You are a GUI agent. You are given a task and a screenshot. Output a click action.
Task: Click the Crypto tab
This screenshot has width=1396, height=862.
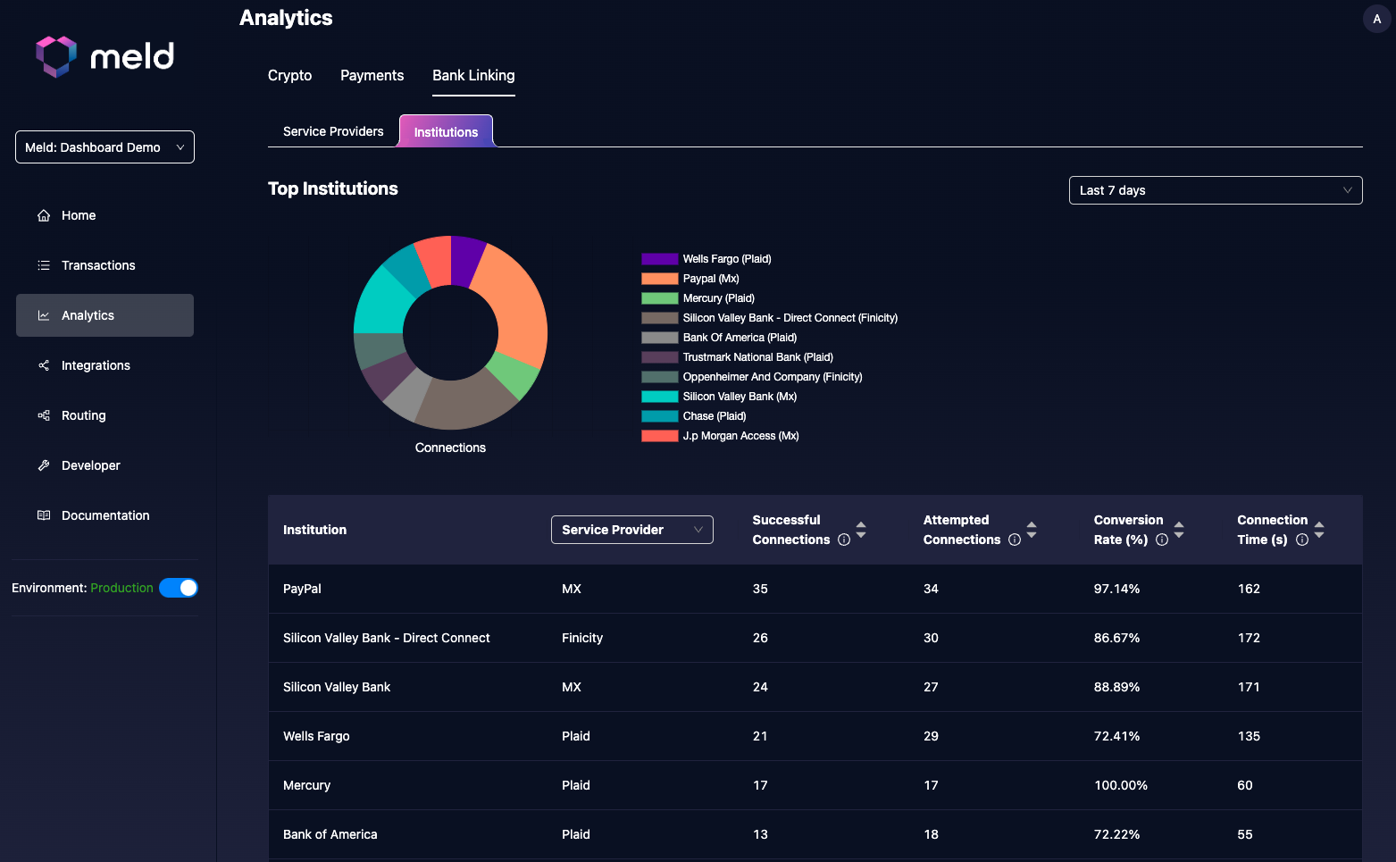[x=289, y=76]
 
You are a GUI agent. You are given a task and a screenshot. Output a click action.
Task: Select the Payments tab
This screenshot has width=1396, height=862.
[x=372, y=76]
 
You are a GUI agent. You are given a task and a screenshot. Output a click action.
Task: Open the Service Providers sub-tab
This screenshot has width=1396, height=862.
[x=333, y=131]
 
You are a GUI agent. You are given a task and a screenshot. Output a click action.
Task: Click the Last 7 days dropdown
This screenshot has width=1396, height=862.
[x=1215, y=190]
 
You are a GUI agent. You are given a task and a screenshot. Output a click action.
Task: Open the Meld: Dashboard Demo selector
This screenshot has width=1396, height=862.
[x=104, y=147]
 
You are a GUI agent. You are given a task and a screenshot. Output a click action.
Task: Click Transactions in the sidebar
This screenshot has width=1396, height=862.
[x=98, y=265]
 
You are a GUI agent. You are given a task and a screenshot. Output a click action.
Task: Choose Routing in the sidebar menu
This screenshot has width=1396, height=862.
[x=83, y=415]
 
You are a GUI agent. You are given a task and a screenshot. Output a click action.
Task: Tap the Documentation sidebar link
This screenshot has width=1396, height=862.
[x=105, y=515]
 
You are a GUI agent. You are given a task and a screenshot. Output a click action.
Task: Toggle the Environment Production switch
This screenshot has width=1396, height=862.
[x=179, y=588]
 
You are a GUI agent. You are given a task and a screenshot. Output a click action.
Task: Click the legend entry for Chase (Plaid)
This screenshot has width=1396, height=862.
[x=714, y=416]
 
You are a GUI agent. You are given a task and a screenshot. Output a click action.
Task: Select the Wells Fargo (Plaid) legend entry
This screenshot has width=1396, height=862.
[x=726, y=259]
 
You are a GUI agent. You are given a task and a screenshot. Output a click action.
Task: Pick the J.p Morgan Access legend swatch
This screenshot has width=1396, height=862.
[x=659, y=436]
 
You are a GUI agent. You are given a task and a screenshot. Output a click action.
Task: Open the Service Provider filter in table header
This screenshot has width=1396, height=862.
[x=631, y=530]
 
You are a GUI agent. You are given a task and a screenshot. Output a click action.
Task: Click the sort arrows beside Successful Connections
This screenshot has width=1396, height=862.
[x=861, y=530]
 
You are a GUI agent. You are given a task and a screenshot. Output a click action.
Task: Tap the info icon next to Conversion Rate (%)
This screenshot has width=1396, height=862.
[x=1162, y=540]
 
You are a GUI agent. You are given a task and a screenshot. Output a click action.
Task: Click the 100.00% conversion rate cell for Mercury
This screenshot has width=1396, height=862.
[x=1120, y=785]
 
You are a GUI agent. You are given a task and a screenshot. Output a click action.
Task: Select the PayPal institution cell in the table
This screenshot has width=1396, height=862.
[x=302, y=589]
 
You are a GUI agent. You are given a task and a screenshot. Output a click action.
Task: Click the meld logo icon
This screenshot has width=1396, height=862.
[x=55, y=56]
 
